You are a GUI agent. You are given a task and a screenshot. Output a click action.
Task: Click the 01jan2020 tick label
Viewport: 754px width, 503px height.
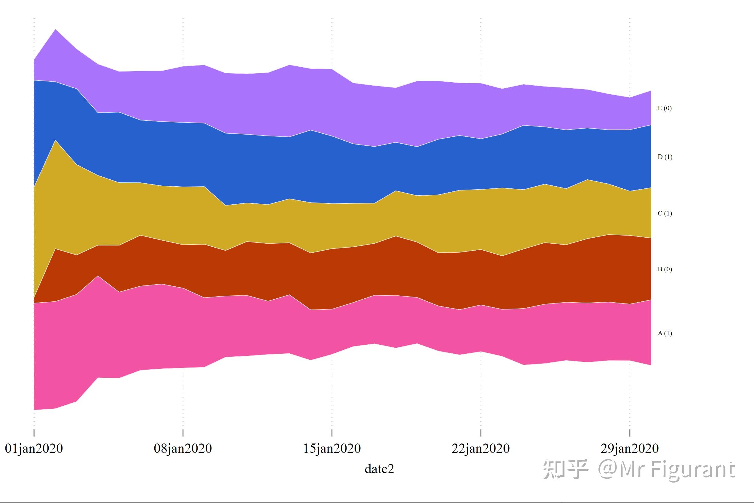click(x=34, y=449)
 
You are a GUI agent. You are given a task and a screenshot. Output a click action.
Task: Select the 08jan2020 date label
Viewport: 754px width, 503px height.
click(x=183, y=449)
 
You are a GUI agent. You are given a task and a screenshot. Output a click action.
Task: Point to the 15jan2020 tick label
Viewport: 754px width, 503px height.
click(x=332, y=449)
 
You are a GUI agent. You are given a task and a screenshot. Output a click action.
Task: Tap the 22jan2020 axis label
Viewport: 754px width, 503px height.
click(x=480, y=449)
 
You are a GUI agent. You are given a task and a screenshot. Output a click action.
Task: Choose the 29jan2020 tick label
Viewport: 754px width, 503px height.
click(x=630, y=449)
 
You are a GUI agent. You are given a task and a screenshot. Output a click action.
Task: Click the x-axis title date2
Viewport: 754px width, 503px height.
click(x=379, y=469)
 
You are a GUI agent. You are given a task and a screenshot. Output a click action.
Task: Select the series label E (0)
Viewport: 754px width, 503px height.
click(x=665, y=108)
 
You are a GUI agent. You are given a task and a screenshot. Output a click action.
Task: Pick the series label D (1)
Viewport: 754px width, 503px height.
click(x=665, y=157)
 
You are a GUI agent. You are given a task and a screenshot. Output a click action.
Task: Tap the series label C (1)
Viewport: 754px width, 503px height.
click(x=665, y=213)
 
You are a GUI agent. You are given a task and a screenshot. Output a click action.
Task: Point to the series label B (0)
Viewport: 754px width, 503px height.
click(x=665, y=269)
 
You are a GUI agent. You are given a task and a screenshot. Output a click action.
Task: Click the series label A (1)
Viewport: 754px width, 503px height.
click(x=665, y=333)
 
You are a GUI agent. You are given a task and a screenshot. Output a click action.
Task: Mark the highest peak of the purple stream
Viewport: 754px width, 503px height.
click(x=56, y=30)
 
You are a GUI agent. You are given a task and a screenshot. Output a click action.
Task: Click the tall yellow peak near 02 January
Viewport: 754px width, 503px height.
click(x=56, y=141)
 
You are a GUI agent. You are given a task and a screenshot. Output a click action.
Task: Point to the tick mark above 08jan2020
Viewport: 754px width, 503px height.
click(x=183, y=432)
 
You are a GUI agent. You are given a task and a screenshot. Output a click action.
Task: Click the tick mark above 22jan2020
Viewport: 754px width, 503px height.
click(x=480, y=432)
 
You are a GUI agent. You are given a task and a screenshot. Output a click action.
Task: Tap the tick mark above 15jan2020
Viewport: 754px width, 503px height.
click(x=332, y=432)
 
